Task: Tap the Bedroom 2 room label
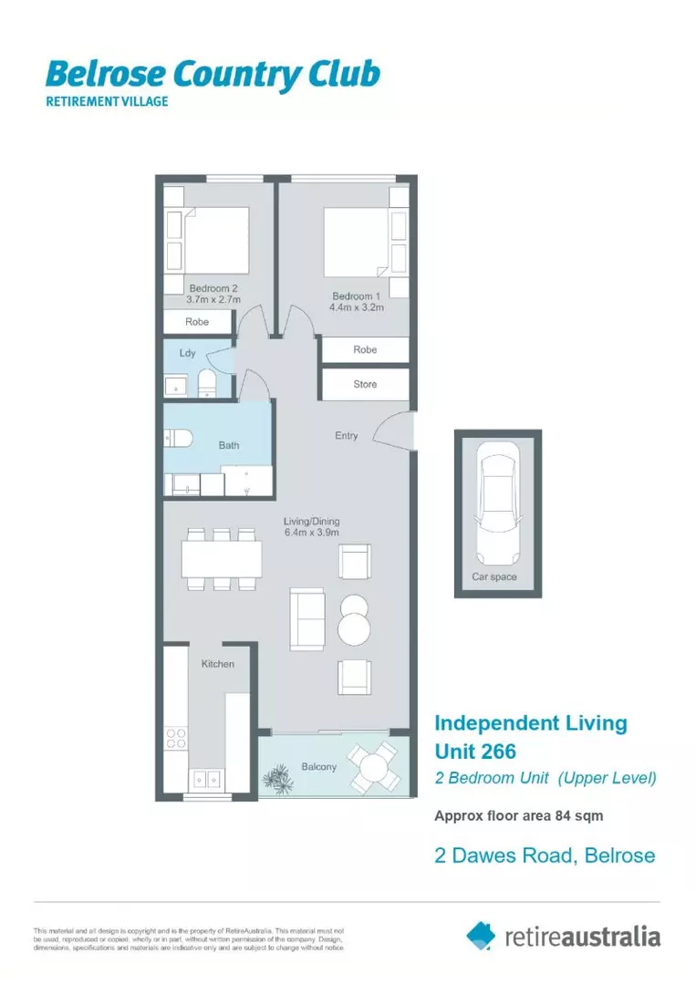[x=213, y=288]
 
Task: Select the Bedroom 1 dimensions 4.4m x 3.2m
[x=357, y=308]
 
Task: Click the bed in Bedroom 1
[x=358, y=242]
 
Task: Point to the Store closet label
[x=365, y=384]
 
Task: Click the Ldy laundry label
[x=187, y=352]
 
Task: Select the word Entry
[x=346, y=436]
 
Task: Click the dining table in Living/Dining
[x=222, y=559]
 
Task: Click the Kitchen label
[x=217, y=664]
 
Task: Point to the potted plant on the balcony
[x=275, y=776]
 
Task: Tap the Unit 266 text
[x=474, y=752]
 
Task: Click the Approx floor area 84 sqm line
[x=517, y=815]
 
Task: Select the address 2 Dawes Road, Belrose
[x=544, y=855]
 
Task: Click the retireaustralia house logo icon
[x=481, y=935]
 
